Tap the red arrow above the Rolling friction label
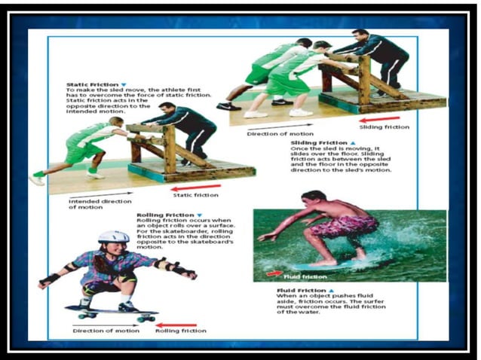click(180, 322)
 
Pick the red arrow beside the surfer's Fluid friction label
click(273, 274)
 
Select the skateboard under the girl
click(112, 311)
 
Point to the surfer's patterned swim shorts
click(342, 224)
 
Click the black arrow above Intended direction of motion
click(94, 194)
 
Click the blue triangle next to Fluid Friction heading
click(331, 290)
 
